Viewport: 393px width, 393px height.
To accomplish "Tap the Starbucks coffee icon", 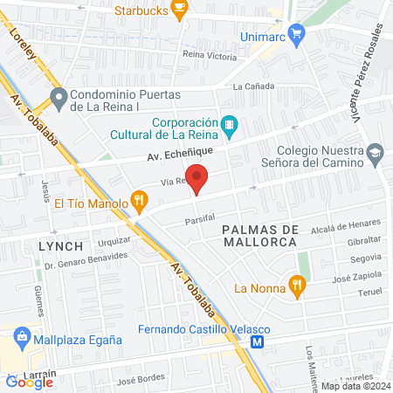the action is pos(179,10).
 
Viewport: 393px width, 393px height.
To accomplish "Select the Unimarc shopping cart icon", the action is pos(296,35).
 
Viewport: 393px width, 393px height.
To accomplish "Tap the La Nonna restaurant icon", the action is pos(298,285).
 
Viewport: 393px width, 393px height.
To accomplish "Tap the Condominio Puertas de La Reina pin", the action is pos(59,98).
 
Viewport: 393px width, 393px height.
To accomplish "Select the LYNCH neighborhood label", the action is pos(61,246).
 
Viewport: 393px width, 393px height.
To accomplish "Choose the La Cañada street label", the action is pos(253,86).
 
